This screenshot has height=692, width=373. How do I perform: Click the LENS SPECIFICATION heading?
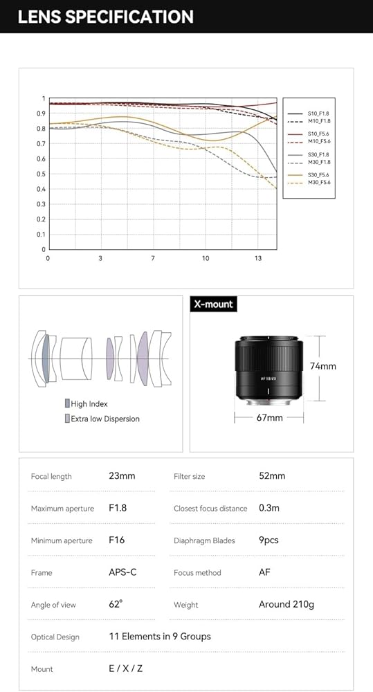[105, 17]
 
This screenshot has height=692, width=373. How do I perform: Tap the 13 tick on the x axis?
[258, 258]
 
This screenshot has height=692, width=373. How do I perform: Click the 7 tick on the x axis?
[153, 258]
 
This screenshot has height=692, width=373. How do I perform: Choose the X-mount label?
[214, 304]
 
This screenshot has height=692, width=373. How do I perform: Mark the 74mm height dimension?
[323, 366]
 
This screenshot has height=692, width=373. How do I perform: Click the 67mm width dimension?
[269, 417]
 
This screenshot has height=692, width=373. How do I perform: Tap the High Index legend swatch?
[67, 403]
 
